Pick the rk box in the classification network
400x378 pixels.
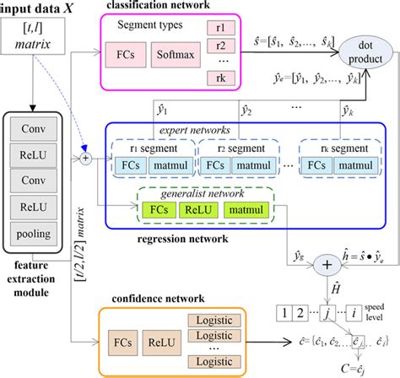click(x=218, y=78)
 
